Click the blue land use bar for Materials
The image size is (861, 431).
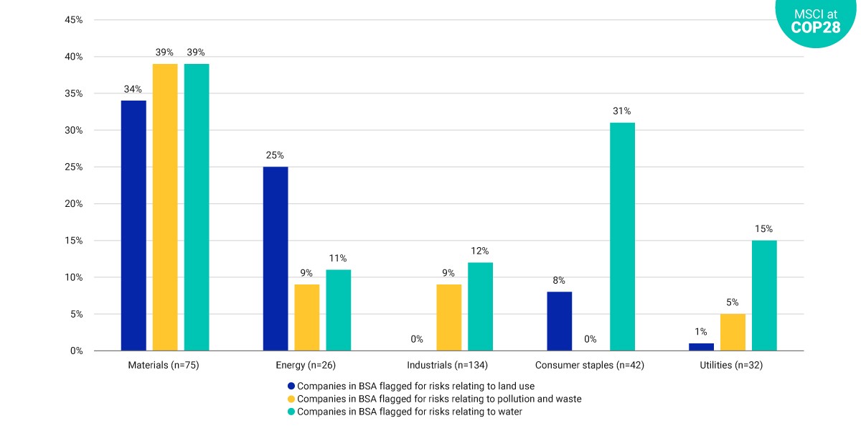tap(133, 226)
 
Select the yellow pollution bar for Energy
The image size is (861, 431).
tap(307, 318)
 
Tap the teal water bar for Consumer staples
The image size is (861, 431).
tap(622, 236)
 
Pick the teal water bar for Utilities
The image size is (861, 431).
tap(764, 295)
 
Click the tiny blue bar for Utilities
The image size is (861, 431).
tap(701, 347)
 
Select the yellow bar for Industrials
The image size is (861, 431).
tap(449, 318)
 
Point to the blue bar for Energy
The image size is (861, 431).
tap(276, 259)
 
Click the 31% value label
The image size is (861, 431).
tap(621, 111)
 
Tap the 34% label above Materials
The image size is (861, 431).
tap(133, 89)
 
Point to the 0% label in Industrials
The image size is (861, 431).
tap(417, 339)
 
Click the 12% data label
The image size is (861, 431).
tap(480, 251)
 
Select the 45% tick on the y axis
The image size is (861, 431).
tap(73, 19)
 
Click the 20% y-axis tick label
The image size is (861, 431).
tap(73, 203)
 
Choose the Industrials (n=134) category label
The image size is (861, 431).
tap(448, 365)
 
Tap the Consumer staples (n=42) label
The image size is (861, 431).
tap(590, 365)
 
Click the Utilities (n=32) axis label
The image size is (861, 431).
tap(731, 365)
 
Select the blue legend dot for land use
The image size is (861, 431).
tap(291, 386)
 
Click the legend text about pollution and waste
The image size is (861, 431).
tap(439, 399)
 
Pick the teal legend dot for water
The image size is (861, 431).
tap(291, 412)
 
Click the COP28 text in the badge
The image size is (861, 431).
tap(816, 27)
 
